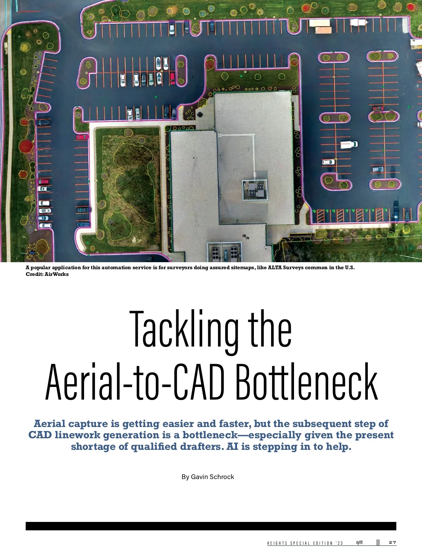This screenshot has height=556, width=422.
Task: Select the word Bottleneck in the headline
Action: [306, 382]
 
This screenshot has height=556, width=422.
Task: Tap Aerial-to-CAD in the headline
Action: [135, 382]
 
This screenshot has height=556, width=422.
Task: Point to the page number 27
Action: [392, 543]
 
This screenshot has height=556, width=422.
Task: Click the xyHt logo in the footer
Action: [359, 543]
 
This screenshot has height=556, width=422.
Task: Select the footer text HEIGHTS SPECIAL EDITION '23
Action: [305, 543]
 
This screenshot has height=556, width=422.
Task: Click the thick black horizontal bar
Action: [211, 526]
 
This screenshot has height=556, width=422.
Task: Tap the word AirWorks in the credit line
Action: [57, 274]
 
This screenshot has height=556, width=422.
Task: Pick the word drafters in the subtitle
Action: [202, 447]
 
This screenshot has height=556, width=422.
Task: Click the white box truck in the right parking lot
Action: [349, 144]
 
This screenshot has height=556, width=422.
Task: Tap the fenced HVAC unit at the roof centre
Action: [255, 190]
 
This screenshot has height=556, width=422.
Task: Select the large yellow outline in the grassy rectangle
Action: [134, 183]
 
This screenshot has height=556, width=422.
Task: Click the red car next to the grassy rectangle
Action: [82, 137]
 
